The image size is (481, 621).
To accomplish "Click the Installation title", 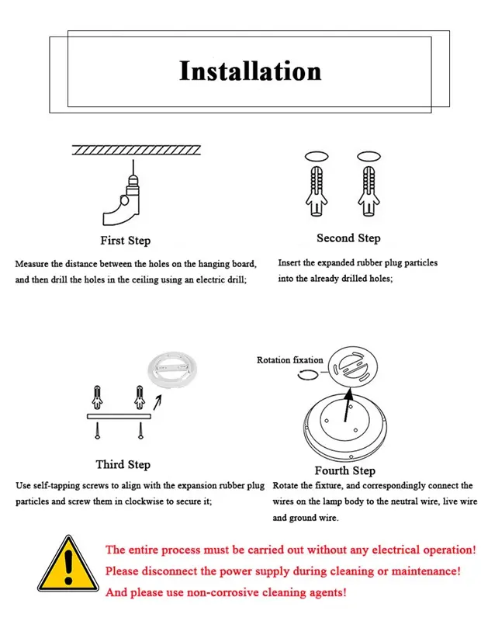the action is [x=251, y=71].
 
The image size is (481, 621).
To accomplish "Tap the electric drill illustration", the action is [x=123, y=198].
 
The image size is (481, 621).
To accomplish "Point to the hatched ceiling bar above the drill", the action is [x=137, y=150].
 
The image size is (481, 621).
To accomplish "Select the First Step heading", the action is [x=126, y=241].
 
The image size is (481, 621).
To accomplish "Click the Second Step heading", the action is [x=348, y=238].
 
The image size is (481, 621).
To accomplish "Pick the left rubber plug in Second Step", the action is [x=317, y=191].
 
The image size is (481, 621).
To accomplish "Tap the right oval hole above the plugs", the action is [x=369, y=157].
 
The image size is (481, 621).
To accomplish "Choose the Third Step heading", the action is [x=123, y=464].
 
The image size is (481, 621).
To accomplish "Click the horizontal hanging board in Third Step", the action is [x=119, y=416].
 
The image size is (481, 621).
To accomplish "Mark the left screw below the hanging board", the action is [x=98, y=431].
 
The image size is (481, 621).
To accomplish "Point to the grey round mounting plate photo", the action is [x=171, y=371].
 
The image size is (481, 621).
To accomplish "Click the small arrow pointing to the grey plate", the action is [x=157, y=402].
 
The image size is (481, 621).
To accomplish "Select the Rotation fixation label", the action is [x=290, y=360].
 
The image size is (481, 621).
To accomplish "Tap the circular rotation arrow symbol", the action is [x=307, y=374].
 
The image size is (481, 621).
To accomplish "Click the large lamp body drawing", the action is [x=345, y=428].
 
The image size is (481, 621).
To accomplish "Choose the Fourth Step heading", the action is [x=344, y=470].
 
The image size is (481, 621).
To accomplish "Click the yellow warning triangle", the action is [x=68, y=564].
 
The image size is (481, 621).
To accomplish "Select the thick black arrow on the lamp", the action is [x=348, y=404].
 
